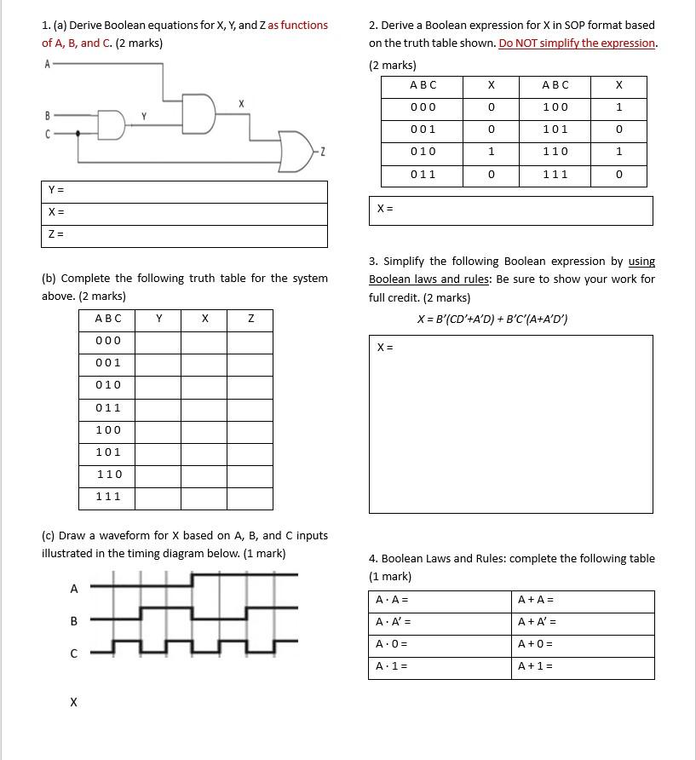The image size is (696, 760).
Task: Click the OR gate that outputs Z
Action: click(296, 151)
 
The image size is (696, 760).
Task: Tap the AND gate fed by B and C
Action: click(111, 124)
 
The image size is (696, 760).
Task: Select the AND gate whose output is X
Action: click(198, 114)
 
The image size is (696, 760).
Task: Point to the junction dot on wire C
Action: click(78, 133)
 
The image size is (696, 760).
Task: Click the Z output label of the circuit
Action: click(323, 153)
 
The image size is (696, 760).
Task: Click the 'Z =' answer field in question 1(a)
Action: click(184, 236)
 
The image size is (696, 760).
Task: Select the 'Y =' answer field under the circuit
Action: click(184, 192)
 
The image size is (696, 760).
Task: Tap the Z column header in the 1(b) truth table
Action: click(250, 319)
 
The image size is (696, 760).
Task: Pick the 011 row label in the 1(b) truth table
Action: click(107, 408)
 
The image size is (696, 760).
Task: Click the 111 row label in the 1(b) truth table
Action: click(107, 497)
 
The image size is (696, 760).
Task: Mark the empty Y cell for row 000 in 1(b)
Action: click(158, 341)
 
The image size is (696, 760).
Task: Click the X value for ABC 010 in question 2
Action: click(491, 152)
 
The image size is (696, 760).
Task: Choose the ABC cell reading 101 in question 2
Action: click(555, 130)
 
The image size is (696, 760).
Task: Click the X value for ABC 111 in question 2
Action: click(618, 175)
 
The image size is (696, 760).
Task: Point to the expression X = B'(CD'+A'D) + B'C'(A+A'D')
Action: click(492, 320)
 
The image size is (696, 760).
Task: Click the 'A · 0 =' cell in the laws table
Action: click(440, 645)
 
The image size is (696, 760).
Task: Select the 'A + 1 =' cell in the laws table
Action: click(584, 667)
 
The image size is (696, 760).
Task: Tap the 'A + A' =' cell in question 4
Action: click(584, 622)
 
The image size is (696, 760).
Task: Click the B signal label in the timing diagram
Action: click(74, 621)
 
